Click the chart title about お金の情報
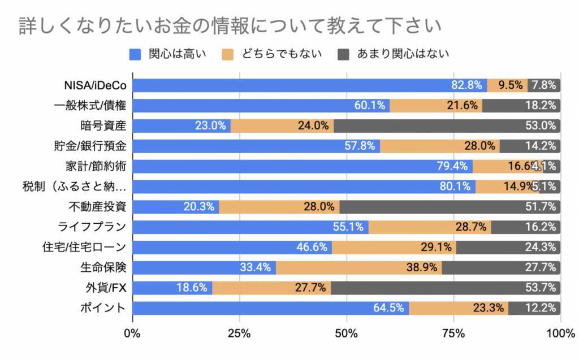coord(229,26)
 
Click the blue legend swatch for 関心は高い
coord(135,54)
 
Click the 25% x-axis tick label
coord(239,333)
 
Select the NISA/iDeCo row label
coord(95,85)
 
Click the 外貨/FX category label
coord(106,288)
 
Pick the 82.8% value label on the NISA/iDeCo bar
coord(466,85)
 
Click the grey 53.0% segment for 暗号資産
coord(447,125)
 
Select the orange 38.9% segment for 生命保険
coord(358,267)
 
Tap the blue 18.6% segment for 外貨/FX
coord(172,288)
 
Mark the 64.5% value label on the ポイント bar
coord(389,308)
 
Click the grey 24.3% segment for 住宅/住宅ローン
coord(508,247)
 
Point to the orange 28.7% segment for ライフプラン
coord(429,227)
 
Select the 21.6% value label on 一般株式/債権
coord(464,105)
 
